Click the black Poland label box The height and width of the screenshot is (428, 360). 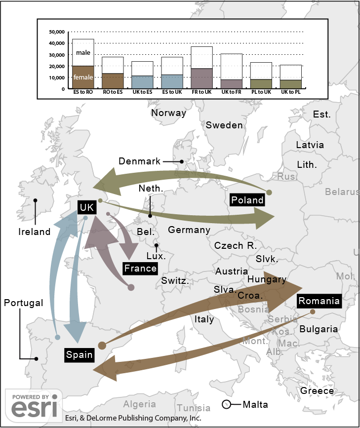coord(247,199)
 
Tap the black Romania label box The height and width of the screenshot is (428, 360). coord(319,301)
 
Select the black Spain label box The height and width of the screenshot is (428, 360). coord(80,354)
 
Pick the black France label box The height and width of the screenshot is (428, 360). coord(141,269)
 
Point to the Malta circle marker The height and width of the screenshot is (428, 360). coord(227,405)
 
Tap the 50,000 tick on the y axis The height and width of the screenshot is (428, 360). coord(57,32)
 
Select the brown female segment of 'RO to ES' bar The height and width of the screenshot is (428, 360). coord(113,81)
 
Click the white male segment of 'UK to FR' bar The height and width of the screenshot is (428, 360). coord(231,66)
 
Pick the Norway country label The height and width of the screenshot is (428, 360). coord(168,113)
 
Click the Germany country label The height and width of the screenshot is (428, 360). coord(189,230)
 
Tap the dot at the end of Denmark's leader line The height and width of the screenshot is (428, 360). coord(181,161)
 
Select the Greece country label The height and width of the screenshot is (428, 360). coord(317,391)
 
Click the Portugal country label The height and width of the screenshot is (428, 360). coord(24,303)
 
